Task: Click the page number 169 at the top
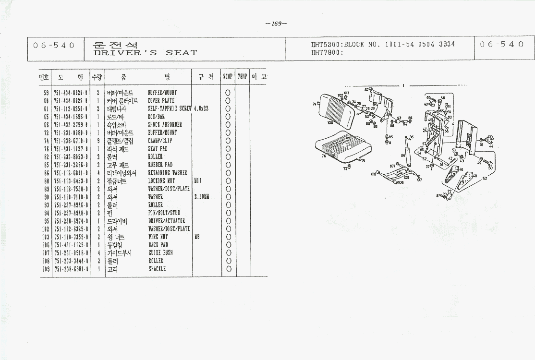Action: tap(276, 24)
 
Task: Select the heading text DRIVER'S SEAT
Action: tap(146, 53)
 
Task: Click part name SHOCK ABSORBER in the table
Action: tap(165, 125)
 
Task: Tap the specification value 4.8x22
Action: tap(201, 109)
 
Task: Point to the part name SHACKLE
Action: tap(157, 269)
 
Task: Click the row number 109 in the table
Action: tap(46, 269)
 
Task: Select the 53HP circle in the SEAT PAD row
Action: tap(228, 149)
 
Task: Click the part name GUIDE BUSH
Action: tap(160, 252)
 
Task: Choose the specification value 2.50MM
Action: tap(202, 197)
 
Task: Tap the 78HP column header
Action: tap(242, 77)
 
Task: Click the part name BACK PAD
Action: tap(158, 245)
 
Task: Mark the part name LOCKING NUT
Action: tap(161, 181)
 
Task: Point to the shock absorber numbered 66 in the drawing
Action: tap(409, 151)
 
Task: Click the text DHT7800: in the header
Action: tap(327, 53)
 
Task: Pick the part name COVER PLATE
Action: tap(161, 101)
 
